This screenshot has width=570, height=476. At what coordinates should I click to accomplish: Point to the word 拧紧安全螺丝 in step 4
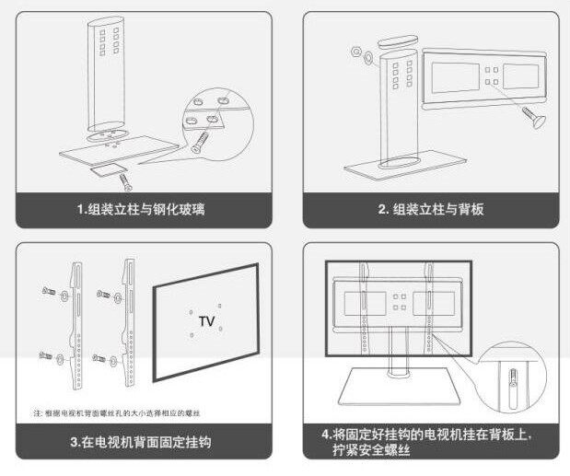tap(378, 450)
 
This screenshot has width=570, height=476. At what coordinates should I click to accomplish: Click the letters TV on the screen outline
tap(207, 321)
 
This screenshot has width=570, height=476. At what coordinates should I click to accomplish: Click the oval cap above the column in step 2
tap(399, 41)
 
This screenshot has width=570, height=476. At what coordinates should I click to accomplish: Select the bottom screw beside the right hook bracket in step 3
tap(103, 353)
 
